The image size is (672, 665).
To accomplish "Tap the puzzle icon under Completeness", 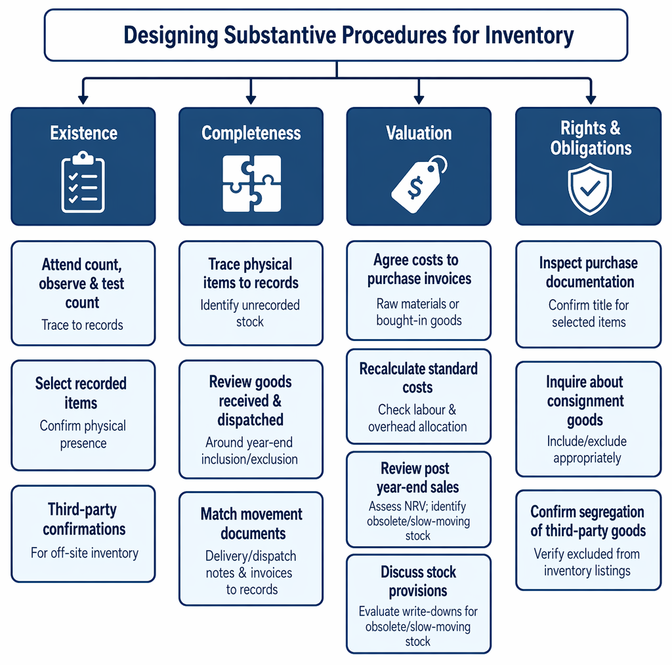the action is click(251, 183).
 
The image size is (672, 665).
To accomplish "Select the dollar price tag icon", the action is click(419, 184).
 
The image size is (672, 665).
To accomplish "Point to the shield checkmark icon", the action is click(590, 190).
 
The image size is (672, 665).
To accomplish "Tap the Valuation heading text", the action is click(419, 132).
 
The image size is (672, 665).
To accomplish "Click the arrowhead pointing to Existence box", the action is click(83, 100).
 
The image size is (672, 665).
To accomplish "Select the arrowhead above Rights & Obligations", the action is click(591, 100).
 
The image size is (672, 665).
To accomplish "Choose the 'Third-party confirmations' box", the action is click(83, 534).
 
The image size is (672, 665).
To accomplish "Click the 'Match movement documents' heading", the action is click(251, 524).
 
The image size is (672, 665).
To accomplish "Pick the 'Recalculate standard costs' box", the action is click(419, 397).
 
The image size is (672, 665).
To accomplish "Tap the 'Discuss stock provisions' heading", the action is click(418, 582).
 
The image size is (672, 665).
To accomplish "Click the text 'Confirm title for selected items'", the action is click(589, 313).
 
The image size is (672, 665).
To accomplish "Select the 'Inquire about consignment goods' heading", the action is click(585, 401).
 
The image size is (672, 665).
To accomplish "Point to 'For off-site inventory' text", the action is click(85, 553).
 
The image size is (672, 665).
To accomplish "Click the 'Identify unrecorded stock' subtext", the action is click(250, 313).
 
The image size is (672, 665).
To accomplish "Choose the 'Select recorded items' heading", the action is click(81, 393).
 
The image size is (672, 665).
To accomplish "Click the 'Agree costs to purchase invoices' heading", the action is click(419, 270).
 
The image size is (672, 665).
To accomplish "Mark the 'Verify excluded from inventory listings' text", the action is click(587, 562).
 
